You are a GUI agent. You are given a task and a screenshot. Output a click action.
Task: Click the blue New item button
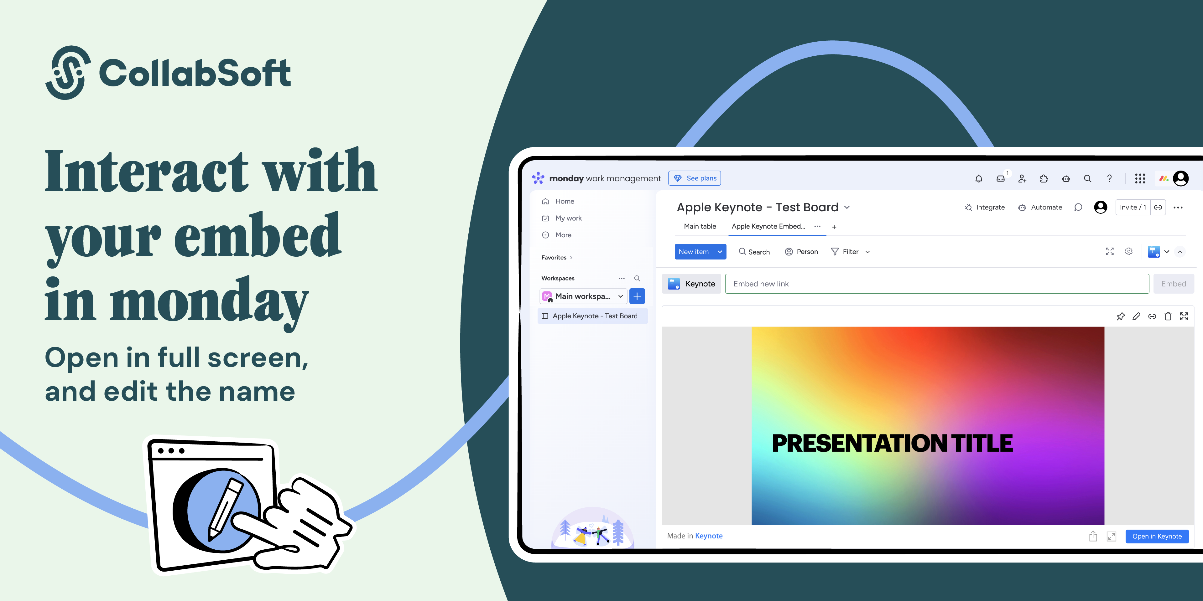tap(694, 251)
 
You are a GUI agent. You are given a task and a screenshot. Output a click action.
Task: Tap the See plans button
tap(695, 178)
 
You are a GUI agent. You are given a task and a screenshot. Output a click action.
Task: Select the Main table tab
tap(700, 226)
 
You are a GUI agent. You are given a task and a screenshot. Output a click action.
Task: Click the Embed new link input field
tap(937, 284)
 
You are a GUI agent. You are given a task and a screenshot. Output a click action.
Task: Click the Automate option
tap(1040, 207)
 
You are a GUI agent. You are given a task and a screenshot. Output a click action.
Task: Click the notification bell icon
tap(978, 178)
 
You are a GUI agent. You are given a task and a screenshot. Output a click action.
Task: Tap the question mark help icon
tap(1109, 178)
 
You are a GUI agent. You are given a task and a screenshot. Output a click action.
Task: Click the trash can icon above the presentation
tap(1168, 316)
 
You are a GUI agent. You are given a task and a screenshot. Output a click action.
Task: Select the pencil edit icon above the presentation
tap(1136, 316)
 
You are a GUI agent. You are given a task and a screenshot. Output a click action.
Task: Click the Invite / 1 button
tap(1133, 207)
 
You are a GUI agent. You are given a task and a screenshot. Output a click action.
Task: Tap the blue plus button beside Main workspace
tap(637, 296)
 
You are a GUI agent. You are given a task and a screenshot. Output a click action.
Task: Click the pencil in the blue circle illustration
tap(225, 509)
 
